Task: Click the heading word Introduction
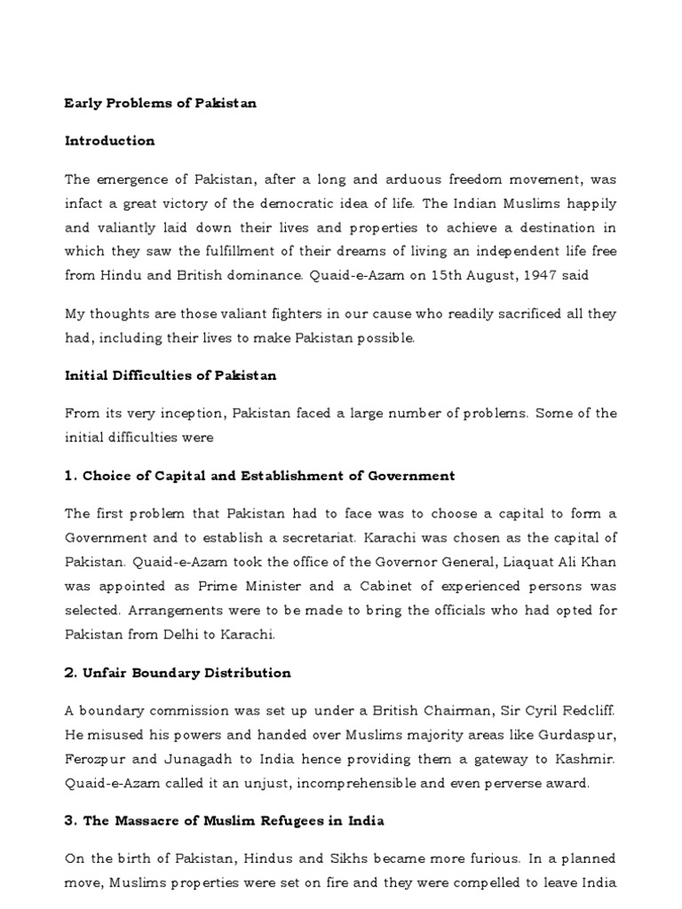pyautogui.click(x=109, y=141)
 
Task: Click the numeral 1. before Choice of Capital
pyautogui.click(x=71, y=476)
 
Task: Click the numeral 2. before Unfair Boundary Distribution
pyautogui.click(x=71, y=673)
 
